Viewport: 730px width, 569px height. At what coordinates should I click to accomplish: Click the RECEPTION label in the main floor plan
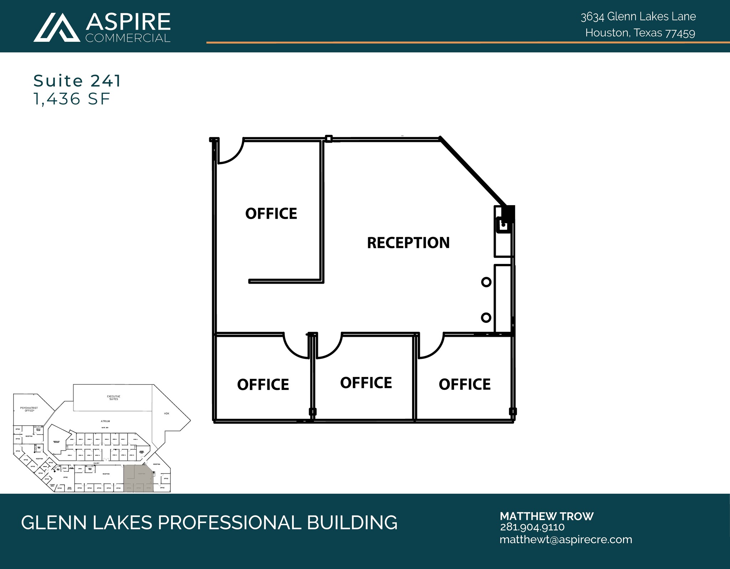coord(408,243)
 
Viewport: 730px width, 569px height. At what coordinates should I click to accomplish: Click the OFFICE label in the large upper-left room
coord(271,214)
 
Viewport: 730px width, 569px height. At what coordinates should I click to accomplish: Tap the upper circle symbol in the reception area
coord(486,282)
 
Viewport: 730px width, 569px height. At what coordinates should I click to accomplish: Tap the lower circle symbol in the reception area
coord(486,317)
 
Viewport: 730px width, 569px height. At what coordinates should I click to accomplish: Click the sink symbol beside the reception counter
coord(503,225)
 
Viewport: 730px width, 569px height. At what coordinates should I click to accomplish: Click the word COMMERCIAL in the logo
coord(128,38)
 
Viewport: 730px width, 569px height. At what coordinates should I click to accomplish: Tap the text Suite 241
coord(77,81)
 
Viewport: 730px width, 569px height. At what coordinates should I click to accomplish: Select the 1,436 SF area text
coord(72,99)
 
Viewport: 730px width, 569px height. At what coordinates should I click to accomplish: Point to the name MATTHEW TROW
coord(546,516)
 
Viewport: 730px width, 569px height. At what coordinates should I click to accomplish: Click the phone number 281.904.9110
coord(532,527)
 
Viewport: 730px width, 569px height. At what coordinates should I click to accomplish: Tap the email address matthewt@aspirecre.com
coord(566,539)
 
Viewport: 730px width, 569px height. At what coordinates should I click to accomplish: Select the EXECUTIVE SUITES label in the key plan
coord(114,398)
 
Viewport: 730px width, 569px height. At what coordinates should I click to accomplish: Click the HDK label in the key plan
coord(166,413)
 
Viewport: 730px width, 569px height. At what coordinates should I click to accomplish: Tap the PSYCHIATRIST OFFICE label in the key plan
coord(29,409)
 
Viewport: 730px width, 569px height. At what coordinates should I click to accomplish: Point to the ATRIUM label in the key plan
coord(105,421)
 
